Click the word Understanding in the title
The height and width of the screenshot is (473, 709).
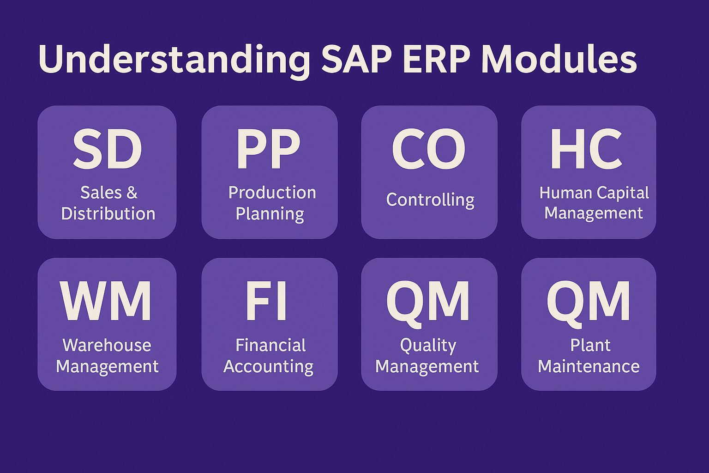point(174,61)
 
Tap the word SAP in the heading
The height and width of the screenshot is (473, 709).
point(357,59)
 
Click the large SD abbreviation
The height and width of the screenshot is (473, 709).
point(108,149)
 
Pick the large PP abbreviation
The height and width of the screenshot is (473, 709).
point(268,149)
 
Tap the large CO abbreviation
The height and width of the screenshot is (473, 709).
point(428,149)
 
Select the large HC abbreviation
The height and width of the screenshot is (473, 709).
point(587,149)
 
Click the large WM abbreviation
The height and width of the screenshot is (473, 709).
point(106,301)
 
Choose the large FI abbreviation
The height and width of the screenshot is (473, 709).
point(266,301)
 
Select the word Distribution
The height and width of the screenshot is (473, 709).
point(108,213)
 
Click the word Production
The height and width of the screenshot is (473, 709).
point(272,193)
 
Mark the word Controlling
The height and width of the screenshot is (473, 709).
point(430,200)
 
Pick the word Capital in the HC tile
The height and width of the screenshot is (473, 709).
point(623,193)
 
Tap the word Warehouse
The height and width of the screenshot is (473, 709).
point(107,345)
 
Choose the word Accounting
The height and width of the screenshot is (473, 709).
point(268,367)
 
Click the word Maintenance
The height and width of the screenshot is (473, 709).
point(589,366)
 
